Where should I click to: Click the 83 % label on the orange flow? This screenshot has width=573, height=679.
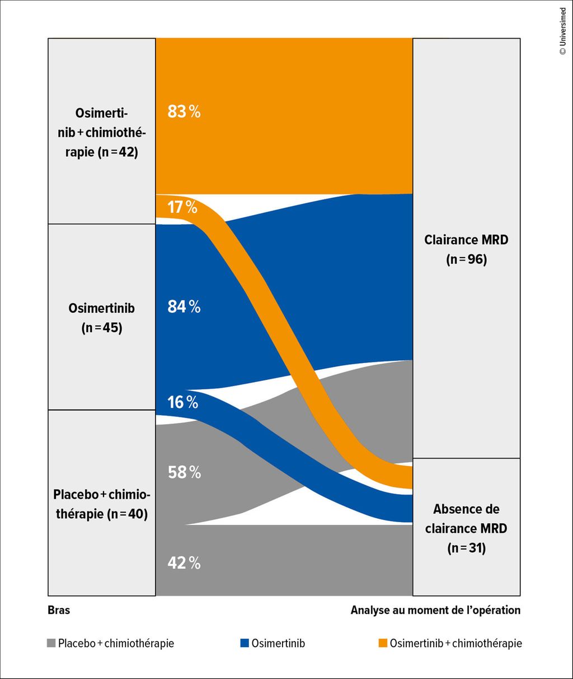pyautogui.click(x=184, y=112)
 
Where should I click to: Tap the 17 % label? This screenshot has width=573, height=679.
pyautogui.click(x=182, y=208)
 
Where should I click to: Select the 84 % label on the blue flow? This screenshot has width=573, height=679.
pyautogui.click(x=184, y=307)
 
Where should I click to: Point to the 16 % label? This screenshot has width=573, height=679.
pyautogui.click(x=183, y=402)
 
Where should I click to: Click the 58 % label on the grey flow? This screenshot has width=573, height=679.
pyautogui.click(x=184, y=473)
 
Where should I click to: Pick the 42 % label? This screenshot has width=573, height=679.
pyautogui.click(x=184, y=563)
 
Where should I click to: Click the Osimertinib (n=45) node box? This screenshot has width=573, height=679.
pyautogui.click(x=101, y=317)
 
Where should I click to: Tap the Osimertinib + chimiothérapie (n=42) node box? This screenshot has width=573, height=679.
pyautogui.click(x=101, y=132)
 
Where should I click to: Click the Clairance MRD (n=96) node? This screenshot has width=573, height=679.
pyautogui.click(x=466, y=249)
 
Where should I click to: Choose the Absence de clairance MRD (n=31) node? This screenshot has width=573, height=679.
pyautogui.click(x=466, y=527)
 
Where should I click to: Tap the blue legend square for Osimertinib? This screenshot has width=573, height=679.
pyautogui.click(x=245, y=644)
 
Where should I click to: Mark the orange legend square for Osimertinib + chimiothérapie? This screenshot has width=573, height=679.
pyautogui.click(x=383, y=644)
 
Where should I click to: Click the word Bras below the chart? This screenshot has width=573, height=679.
pyautogui.click(x=59, y=610)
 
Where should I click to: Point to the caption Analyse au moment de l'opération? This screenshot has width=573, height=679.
pyautogui.click(x=435, y=610)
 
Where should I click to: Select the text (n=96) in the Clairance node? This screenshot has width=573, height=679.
pyautogui.click(x=466, y=260)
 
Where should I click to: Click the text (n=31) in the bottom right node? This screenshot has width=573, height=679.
pyautogui.click(x=466, y=548)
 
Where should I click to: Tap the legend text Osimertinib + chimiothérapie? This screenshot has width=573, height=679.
pyautogui.click(x=455, y=644)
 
